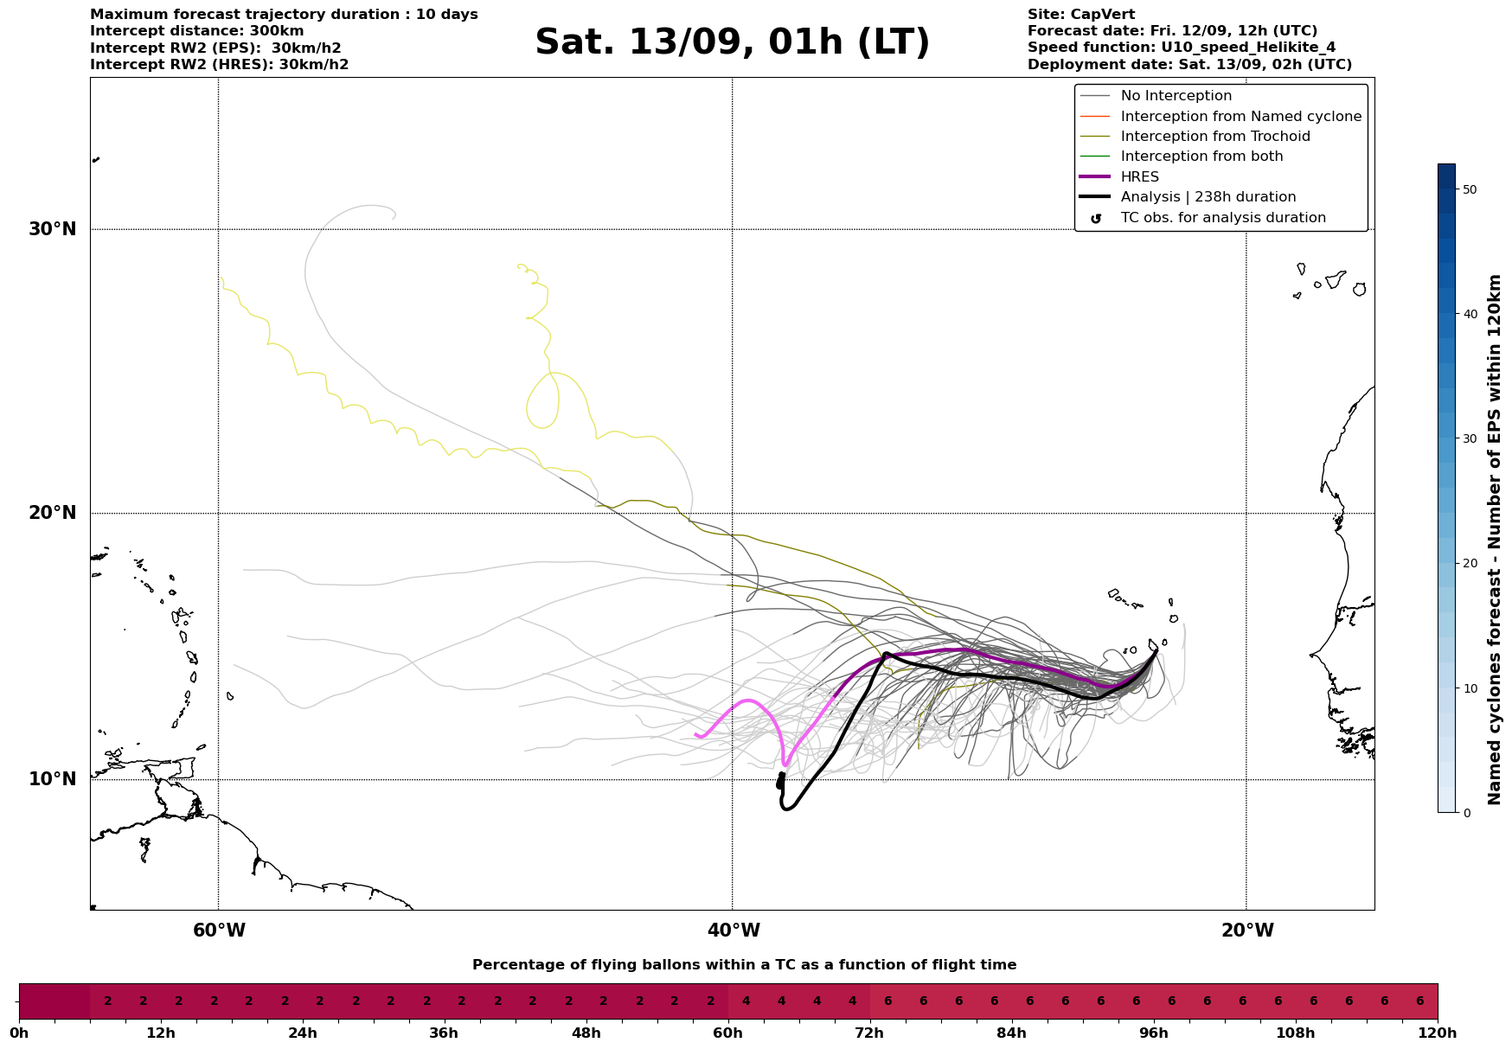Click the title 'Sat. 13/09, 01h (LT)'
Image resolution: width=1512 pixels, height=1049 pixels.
point(732,42)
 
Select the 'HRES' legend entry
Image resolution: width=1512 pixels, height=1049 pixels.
point(1139,176)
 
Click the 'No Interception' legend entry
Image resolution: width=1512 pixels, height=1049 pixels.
point(1176,96)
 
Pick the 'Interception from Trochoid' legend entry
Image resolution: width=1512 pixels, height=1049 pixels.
point(1214,137)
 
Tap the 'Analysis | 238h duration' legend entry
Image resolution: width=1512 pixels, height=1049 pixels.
point(1208,197)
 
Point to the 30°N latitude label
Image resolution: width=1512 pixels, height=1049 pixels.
point(52,229)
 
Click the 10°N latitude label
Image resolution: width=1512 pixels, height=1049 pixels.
point(52,779)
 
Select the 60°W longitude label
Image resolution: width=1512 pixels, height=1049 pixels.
point(219,931)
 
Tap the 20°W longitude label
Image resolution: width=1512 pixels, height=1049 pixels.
point(1246,931)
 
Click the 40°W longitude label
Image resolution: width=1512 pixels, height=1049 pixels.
point(733,931)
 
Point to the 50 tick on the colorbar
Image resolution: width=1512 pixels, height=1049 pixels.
point(1469,189)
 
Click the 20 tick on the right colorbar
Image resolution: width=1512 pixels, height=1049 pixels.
point(1469,563)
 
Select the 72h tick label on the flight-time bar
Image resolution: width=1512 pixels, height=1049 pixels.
point(870,1033)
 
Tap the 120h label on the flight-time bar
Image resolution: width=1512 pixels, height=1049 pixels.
point(1438,1033)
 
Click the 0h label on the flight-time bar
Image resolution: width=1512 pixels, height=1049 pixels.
point(19,1033)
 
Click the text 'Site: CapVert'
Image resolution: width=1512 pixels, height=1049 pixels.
point(1080,15)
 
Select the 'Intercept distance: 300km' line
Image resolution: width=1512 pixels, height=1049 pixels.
point(196,31)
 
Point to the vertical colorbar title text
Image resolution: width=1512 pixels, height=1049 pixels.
point(1494,540)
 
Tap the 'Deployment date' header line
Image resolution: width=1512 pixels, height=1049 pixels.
point(1189,65)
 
